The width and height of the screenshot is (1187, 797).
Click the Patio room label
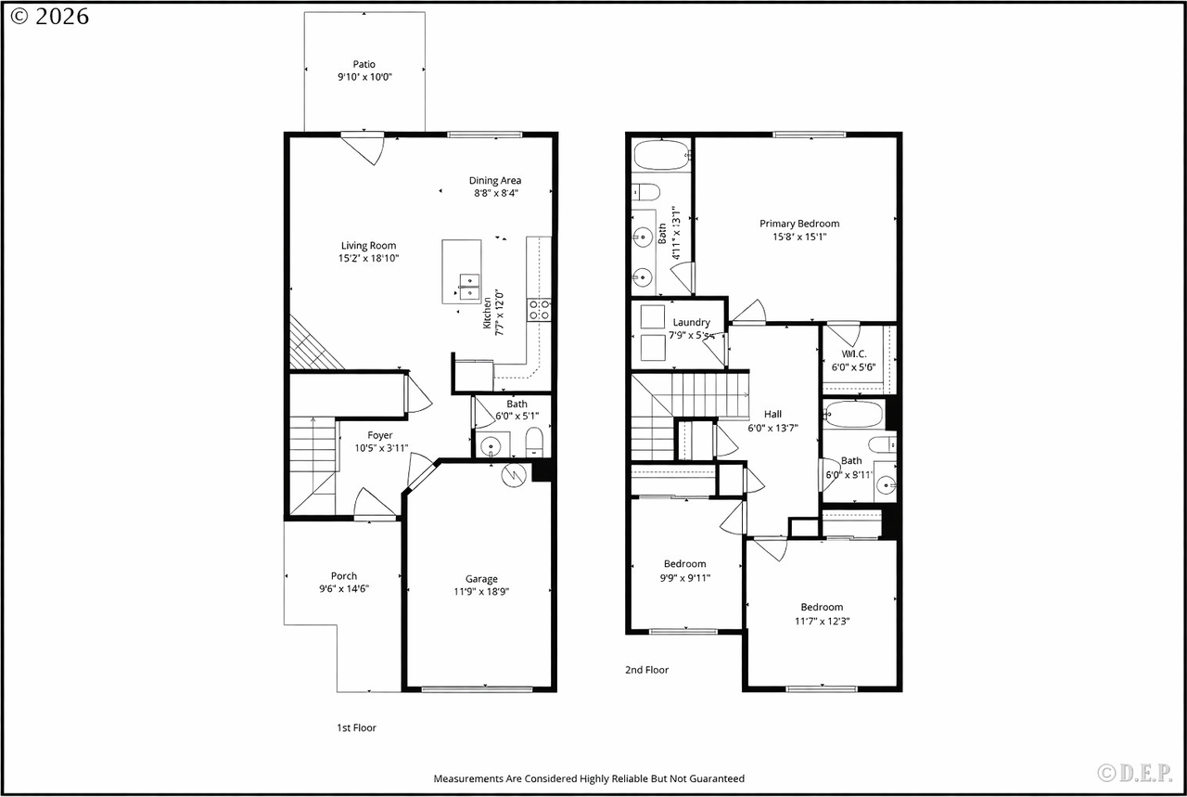pos(364,64)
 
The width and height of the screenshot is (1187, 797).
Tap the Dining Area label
pos(495,180)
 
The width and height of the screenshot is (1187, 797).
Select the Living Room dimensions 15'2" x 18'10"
pos(369,258)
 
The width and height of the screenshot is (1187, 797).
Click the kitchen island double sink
pos(469,287)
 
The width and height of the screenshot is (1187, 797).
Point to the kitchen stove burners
pos(539,310)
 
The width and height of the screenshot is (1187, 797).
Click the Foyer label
pos(380,435)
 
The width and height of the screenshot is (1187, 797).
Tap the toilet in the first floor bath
pos(534,442)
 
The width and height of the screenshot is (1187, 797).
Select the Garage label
pos(481,579)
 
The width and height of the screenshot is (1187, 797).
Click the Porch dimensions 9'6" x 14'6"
pos(344,588)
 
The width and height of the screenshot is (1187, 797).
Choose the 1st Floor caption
pos(357,727)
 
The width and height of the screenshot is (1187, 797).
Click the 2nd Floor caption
pos(647,670)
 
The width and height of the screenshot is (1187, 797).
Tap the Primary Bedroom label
pos(799,224)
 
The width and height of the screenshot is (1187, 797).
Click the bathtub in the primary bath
pos(661,155)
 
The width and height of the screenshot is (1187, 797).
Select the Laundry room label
pos(692,322)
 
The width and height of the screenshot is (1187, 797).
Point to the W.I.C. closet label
pos(854,354)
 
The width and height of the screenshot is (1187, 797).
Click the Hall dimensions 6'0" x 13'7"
pos(772,428)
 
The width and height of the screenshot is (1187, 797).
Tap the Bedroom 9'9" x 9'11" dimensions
pos(685,578)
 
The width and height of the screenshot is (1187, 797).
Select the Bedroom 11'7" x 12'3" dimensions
pos(822,621)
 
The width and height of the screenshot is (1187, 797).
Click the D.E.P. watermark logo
pos(1134,773)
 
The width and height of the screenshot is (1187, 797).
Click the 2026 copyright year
pos(62,17)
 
